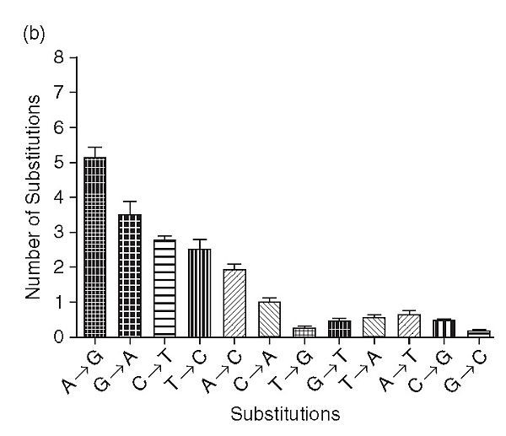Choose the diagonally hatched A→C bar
coord(234,303)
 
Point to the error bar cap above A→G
coord(95,148)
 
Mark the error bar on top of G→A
coord(130,202)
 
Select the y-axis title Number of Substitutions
coord(33,197)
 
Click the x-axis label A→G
coord(84,372)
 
